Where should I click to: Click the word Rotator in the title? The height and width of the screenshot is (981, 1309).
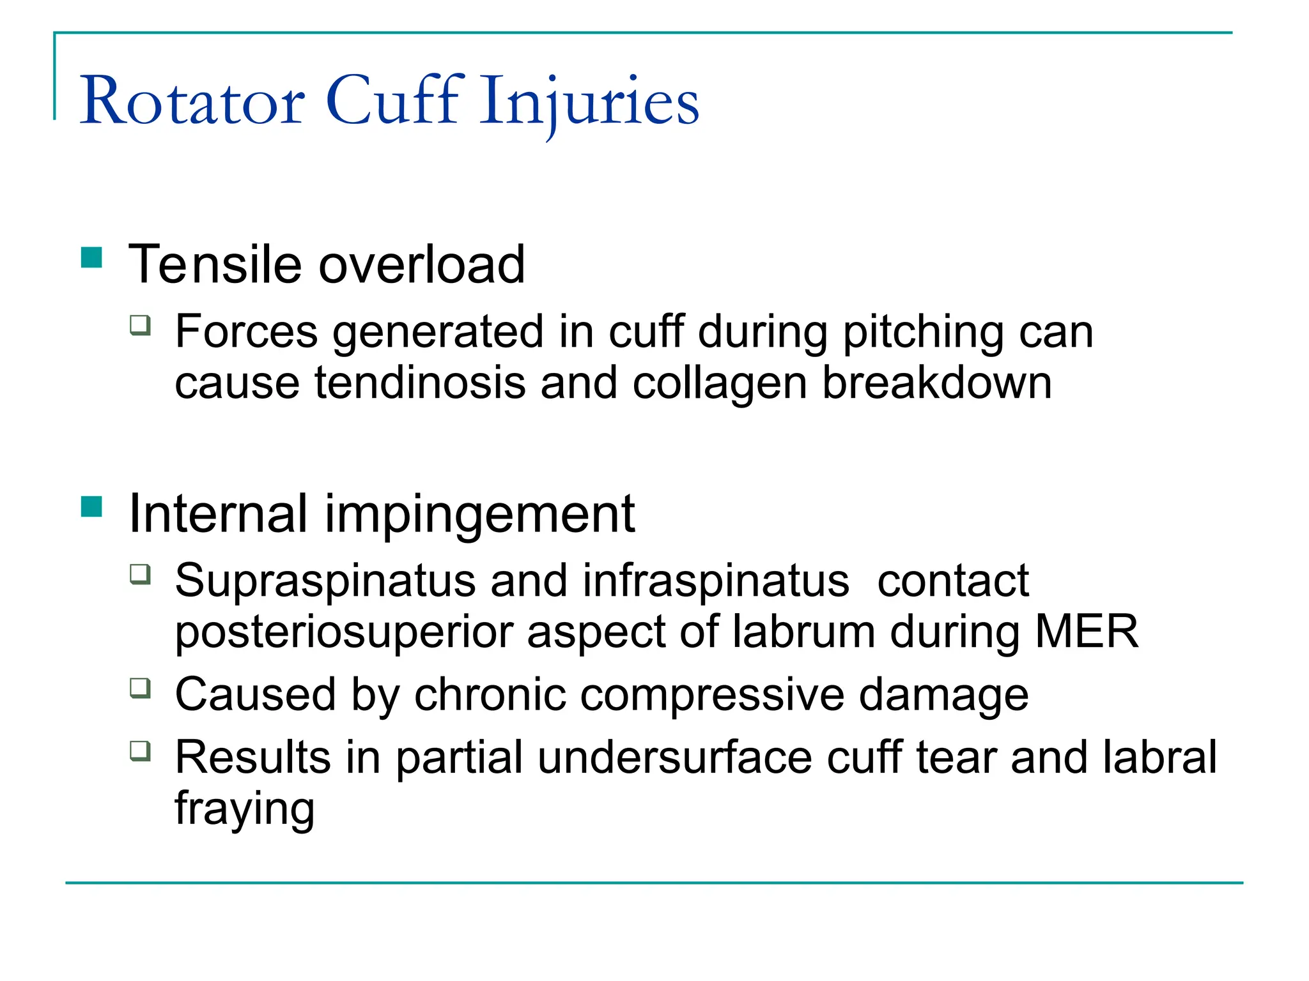[x=192, y=101]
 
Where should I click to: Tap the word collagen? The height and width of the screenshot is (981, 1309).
[x=719, y=385]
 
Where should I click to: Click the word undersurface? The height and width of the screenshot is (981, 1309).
[x=674, y=757]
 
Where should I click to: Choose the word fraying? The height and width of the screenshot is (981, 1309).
[x=244, y=810]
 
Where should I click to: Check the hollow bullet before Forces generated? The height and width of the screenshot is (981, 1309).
[x=141, y=325]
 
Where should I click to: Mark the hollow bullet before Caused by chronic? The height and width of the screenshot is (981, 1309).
[x=141, y=688]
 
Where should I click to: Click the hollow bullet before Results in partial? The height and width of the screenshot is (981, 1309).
[x=141, y=750]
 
